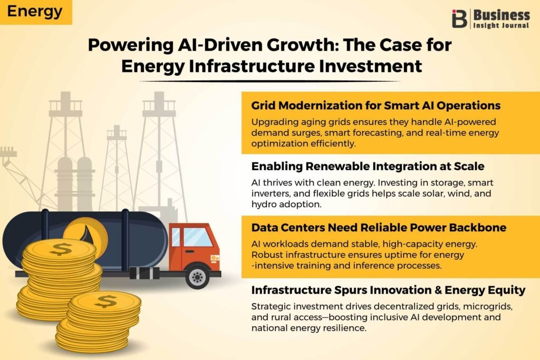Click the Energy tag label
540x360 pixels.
(x=35, y=12)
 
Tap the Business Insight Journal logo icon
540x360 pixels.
(x=459, y=18)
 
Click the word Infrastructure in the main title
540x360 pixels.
(x=252, y=66)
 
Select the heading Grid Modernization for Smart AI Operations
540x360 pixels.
(x=375, y=105)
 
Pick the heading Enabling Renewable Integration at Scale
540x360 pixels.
(x=368, y=166)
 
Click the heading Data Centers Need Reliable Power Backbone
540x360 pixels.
(x=379, y=228)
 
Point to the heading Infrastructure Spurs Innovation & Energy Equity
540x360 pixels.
(x=389, y=290)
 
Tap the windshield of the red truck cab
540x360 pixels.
(x=197, y=237)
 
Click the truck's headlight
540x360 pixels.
(x=215, y=258)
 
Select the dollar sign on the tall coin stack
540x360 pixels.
(x=61, y=249)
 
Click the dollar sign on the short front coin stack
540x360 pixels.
(x=105, y=301)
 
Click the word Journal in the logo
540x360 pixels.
(x=515, y=25)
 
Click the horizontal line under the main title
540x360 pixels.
(x=269, y=81)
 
